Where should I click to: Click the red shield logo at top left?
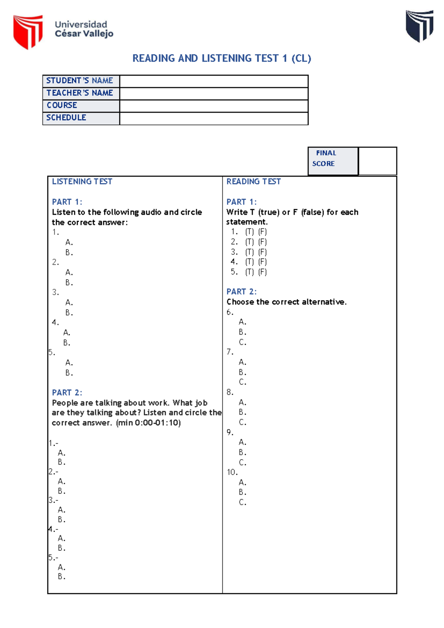click(x=28, y=31)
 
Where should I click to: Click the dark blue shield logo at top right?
click(x=420, y=26)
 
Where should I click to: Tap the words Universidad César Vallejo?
click(x=84, y=29)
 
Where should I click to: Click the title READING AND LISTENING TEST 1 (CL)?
click(x=222, y=59)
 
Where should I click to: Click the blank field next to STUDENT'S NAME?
click(x=213, y=81)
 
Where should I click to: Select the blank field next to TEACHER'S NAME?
click(x=213, y=93)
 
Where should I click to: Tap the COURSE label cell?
click(x=81, y=106)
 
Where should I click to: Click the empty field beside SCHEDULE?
click(x=213, y=118)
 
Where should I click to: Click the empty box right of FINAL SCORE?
click(x=377, y=161)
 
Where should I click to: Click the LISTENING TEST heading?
click(x=82, y=181)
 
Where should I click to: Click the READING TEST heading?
click(x=253, y=181)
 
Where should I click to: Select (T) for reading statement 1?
click(x=249, y=232)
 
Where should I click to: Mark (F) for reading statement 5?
click(x=262, y=272)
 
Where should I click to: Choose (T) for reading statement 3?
click(x=249, y=252)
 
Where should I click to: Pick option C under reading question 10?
click(x=242, y=502)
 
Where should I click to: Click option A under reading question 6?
click(x=242, y=322)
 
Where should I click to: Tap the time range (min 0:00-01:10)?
click(x=148, y=422)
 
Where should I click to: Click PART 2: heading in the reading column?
click(x=241, y=291)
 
